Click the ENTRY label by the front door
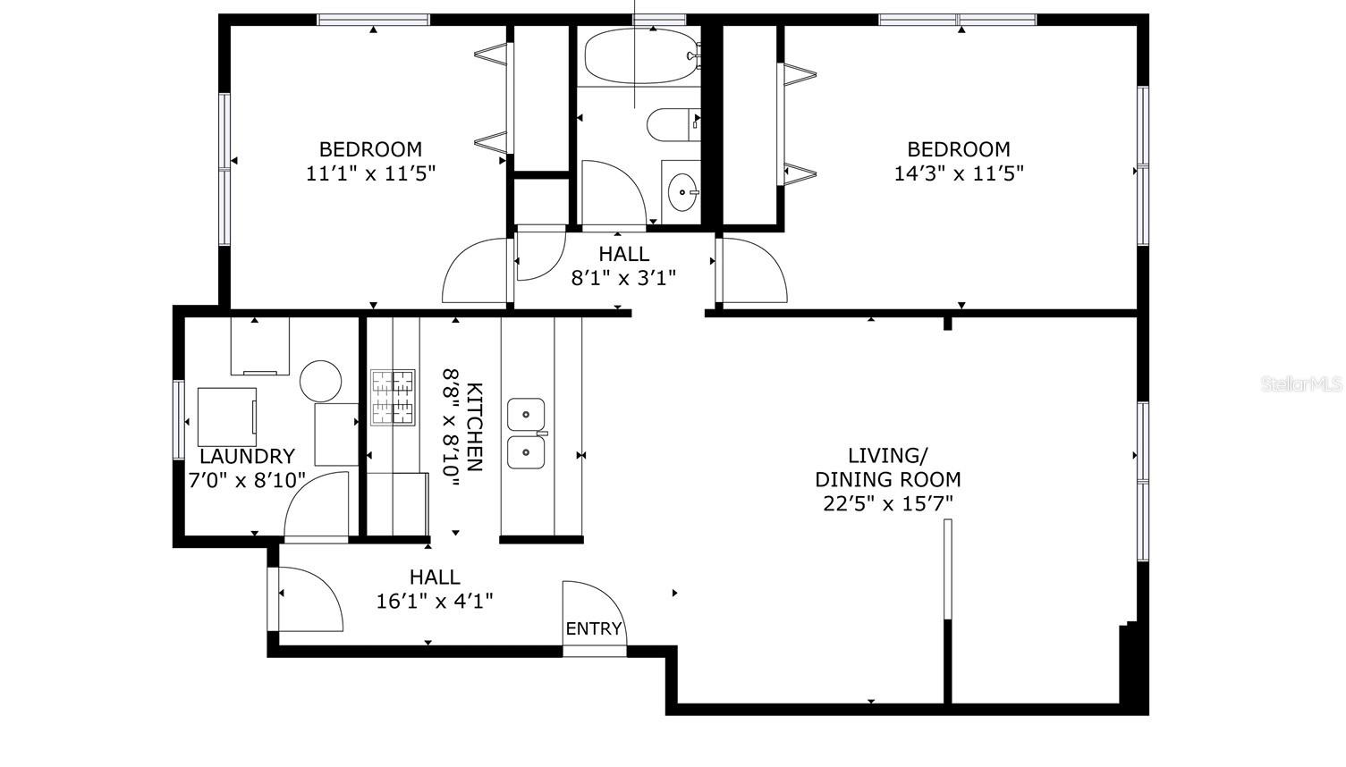point(593,628)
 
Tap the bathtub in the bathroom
point(639,55)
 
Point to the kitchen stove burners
point(394,396)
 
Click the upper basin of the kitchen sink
point(527,415)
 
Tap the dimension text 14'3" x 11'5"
point(959,173)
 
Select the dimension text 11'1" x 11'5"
point(370,173)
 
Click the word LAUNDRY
point(247,457)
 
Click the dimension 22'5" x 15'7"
point(887,503)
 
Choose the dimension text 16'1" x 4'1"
point(435,601)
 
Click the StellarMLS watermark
point(1301,383)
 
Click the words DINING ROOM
point(887,479)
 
